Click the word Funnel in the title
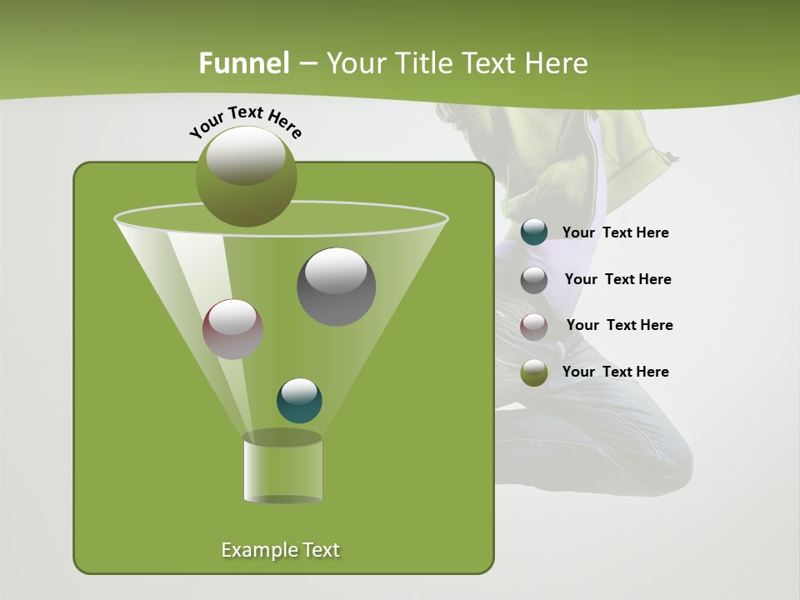pos(243,63)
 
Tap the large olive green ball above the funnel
pos(247,176)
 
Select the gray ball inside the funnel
pos(337,286)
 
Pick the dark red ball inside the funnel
pos(232,329)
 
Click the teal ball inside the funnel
pos(299,400)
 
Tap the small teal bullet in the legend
pos(534,232)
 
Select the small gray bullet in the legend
pos(534,280)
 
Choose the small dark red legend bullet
pos(534,326)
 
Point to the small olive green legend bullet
pos(534,372)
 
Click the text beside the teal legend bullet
pos(616,232)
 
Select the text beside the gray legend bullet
pos(617,279)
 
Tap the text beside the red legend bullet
pos(619,325)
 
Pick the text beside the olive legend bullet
pos(616,372)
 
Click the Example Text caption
pos(281,550)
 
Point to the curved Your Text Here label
pos(245,122)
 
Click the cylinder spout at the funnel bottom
pos(282,471)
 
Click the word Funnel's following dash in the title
pos(307,63)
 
